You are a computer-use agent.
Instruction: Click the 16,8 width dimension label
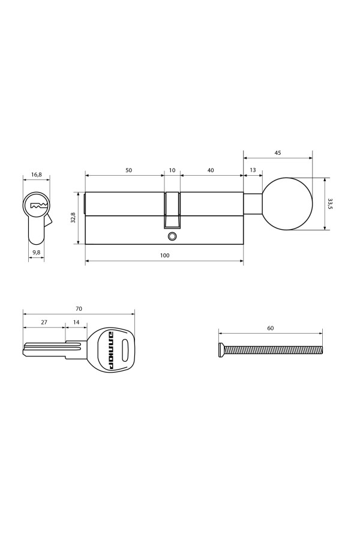[x=36, y=175]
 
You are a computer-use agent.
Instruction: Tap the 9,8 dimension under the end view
[x=37, y=253]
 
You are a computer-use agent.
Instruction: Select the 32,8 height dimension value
[x=73, y=218]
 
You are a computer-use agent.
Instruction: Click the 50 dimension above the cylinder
[x=128, y=170]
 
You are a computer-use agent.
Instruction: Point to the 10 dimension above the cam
[x=172, y=170]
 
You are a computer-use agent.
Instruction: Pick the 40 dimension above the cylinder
[x=211, y=170]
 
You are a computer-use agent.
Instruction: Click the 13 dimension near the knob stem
[x=252, y=170]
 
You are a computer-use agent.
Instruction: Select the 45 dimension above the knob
[x=278, y=153]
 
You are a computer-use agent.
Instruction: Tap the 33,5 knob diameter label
[x=330, y=203]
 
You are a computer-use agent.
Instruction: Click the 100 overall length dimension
[x=164, y=256]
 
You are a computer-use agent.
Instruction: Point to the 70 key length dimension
[x=79, y=308]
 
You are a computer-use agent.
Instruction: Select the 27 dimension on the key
[x=44, y=322]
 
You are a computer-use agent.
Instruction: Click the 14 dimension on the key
[x=76, y=322]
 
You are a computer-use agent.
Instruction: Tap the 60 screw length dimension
[x=270, y=328]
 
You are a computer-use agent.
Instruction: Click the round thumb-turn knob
[x=287, y=203]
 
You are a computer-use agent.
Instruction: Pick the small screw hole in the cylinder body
[x=172, y=236]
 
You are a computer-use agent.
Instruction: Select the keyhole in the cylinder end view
[x=37, y=206]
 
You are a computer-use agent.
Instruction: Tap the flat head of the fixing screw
[x=222, y=349]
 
